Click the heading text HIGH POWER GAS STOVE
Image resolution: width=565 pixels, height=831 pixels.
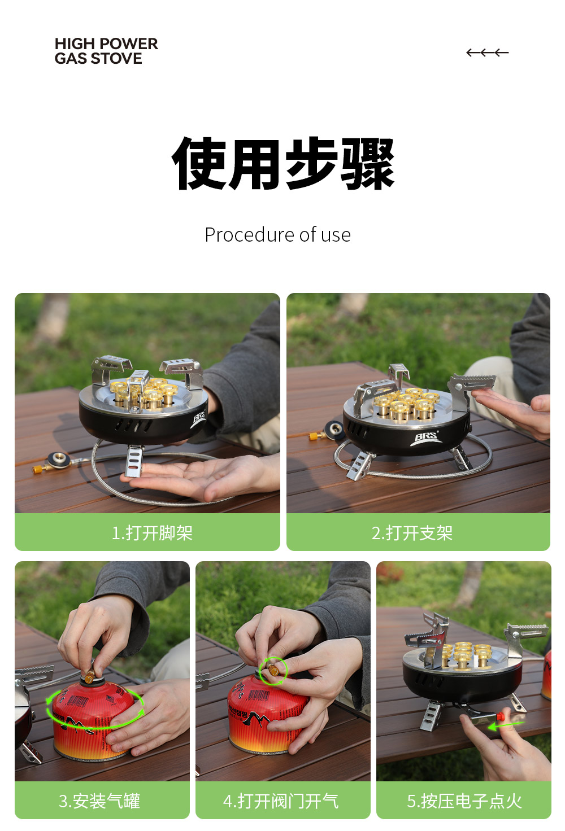tap(106, 51)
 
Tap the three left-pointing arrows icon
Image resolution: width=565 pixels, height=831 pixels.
tap(487, 53)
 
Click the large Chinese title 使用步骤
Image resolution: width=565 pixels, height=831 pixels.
tap(283, 164)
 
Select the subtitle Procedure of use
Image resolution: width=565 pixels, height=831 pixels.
tap(277, 235)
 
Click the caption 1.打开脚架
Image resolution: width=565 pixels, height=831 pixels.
tap(152, 533)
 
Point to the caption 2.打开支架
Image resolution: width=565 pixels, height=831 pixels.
tap(412, 533)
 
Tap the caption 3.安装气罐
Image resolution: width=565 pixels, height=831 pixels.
tap(99, 801)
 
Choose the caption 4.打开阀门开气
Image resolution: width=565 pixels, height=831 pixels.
tap(281, 801)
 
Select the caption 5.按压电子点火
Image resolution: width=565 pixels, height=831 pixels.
tap(464, 801)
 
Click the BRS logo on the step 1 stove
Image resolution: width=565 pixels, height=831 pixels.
tap(199, 418)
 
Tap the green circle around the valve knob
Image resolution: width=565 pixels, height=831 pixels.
tap(273, 671)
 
